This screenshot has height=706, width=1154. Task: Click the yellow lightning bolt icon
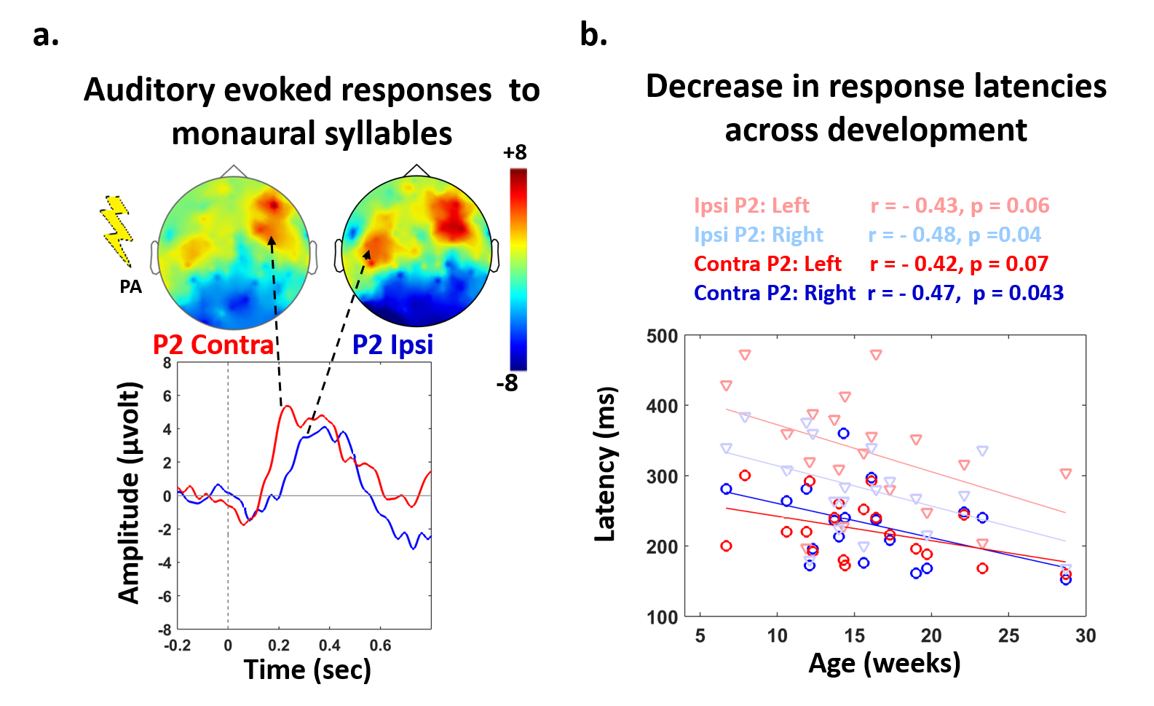pyautogui.click(x=116, y=230)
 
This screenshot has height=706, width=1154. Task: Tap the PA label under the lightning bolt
pyautogui.click(x=130, y=287)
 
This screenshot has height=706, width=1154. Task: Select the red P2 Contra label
pyautogui.click(x=213, y=345)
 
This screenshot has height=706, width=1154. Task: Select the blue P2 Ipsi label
pyautogui.click(x=392, y=345)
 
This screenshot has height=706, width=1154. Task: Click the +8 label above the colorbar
pyautogui.click(x=515, y=153)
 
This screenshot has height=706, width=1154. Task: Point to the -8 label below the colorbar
pyautogui.click(x=507, y=383)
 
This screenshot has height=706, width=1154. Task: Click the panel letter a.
pyautogui.click(x=45, y=35)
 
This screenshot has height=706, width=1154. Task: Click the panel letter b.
pyautogui.click(x=593, y=35)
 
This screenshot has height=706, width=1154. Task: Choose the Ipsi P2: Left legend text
pyautogui.click(x=751, y=206)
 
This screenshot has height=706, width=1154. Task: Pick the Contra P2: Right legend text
pyautogui.click(x=774, y=293)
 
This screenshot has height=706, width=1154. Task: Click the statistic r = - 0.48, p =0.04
pyautogui.click(x=954, y=235)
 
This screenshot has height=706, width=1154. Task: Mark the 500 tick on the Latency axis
pyautogui.click(x=662, y=337)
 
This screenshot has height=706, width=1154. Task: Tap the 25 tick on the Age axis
pyautogui.click(x=1008, y=636)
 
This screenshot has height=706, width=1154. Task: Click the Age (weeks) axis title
pyautogui.click(x=885, y=663)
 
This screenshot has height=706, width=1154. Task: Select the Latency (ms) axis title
pyautogui.click(x=606, y=464)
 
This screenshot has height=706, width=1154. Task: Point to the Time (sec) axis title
pyautogui.click(x=307, y=669)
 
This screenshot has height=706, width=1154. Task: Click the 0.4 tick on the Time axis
pyautogui.click(x=329, y=646)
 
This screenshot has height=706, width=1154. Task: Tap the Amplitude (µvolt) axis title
pyautogui.click(x=129, y=493)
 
